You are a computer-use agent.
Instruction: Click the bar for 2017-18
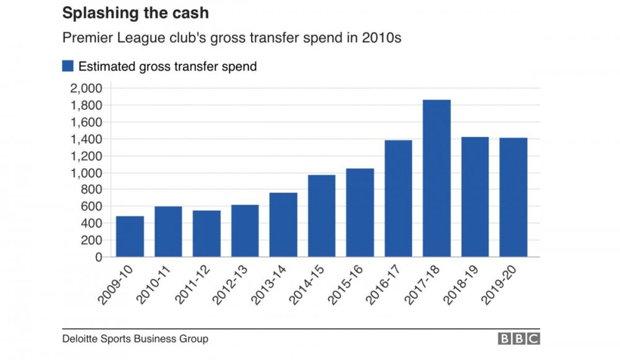coord(436,178)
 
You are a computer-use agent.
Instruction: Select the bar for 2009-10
coord(130,236)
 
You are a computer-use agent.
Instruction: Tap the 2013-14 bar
coord(283,225)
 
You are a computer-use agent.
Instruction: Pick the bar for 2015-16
coord(360,213)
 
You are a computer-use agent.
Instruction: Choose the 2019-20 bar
coord(513,197)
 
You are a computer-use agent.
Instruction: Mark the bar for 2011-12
coord(206,234)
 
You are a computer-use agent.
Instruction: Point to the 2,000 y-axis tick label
coord(86,88)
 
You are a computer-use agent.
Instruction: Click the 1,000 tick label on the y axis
coord(86,173)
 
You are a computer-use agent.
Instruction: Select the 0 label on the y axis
coord(99,257)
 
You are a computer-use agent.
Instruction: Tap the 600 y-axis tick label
coord(91,206)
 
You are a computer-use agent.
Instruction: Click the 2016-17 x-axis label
coord(383,284)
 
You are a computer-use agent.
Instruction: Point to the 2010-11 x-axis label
coord(153,284)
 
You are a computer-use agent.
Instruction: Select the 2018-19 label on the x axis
coord(459,284)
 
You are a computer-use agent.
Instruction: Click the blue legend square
coord(68,66)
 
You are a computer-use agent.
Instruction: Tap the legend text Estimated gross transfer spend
coord(167,66)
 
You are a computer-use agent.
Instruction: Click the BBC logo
coord(519,339)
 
